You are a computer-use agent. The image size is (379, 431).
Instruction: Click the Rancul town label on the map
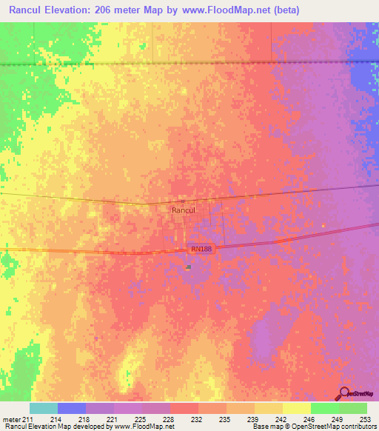coord(182,210)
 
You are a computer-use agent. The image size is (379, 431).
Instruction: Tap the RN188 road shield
coord(201,250)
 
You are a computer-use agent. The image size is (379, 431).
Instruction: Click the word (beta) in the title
coord(284,10)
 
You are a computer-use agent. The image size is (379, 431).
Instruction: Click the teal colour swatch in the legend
coord(44,408)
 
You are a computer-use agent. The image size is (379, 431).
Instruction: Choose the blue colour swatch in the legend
coord(72,408)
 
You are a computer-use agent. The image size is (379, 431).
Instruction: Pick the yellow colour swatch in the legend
coord(296,408)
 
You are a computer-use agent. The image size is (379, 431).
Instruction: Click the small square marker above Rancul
coord(183,201)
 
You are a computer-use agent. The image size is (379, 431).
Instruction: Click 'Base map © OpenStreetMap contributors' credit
coord(313,427)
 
